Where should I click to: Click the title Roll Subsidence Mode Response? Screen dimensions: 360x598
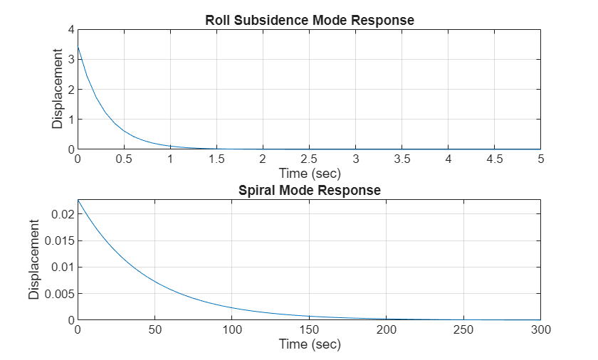tap(310, 20)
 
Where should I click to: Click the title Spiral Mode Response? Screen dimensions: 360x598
tap(310, 191)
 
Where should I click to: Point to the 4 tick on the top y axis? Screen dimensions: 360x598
tap(71, 29)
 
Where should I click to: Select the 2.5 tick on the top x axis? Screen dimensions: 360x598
tap(310, 159)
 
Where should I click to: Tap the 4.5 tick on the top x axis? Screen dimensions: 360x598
tap(495, 159)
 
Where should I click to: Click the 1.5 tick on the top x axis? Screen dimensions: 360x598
tap(217, 159)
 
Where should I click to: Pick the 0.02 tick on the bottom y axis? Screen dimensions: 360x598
tap(63, 214)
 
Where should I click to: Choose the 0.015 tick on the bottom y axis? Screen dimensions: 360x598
tap(60, 240)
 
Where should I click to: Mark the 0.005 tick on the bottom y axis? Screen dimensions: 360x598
tap(60, 294)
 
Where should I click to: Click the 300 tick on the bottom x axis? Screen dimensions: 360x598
tap(541, 329)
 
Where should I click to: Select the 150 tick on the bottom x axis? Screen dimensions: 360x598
tap(310, 329)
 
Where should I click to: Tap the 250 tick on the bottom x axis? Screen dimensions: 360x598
tap(464, 329)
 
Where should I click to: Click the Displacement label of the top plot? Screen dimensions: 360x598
tap(58, 89)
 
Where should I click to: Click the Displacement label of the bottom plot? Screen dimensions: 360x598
tap(34, 260)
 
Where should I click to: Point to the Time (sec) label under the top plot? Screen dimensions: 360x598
tap(310, 173)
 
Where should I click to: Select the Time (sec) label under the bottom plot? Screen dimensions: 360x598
tap(310, 344)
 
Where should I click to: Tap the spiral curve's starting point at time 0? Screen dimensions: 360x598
tap(78, 201)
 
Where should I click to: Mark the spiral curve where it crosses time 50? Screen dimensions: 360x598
tap(155, 280)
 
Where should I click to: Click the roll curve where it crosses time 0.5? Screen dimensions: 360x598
tap(125, 131)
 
